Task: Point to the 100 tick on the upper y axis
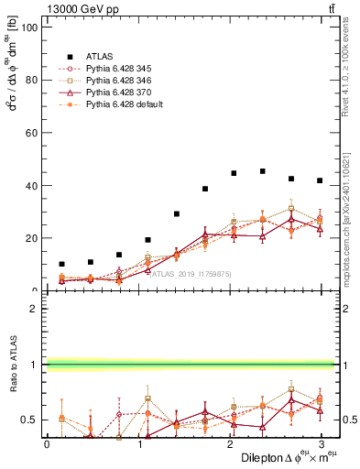pyautogui.click(x=28, y=27)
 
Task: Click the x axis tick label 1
pyautogui.click(x=137, y=443)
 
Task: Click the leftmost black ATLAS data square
pyautogui.click(x=61, y=264)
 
